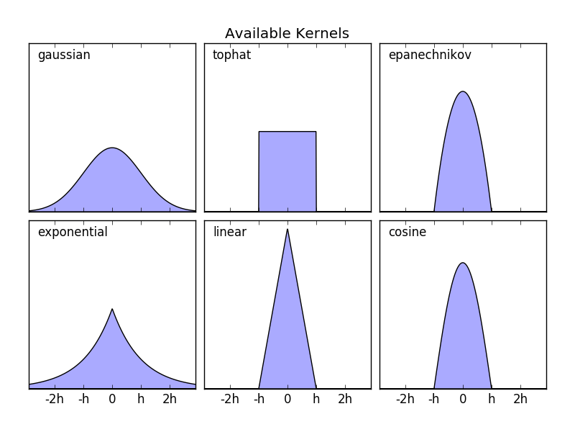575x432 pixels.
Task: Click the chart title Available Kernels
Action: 287,34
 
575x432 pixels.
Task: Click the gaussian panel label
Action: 64,55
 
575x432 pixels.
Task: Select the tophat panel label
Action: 231,55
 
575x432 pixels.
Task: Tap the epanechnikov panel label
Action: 429,55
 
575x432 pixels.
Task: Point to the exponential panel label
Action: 73,233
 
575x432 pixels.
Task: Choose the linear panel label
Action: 229,233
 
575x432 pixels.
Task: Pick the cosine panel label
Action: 407,233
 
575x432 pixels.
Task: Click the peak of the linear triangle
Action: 287,229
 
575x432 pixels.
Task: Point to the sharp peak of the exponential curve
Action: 112,309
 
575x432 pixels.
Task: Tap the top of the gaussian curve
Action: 112,148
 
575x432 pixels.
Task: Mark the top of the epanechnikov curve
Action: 463,91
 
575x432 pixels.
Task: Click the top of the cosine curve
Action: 463,263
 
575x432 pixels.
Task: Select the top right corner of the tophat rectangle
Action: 316,132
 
